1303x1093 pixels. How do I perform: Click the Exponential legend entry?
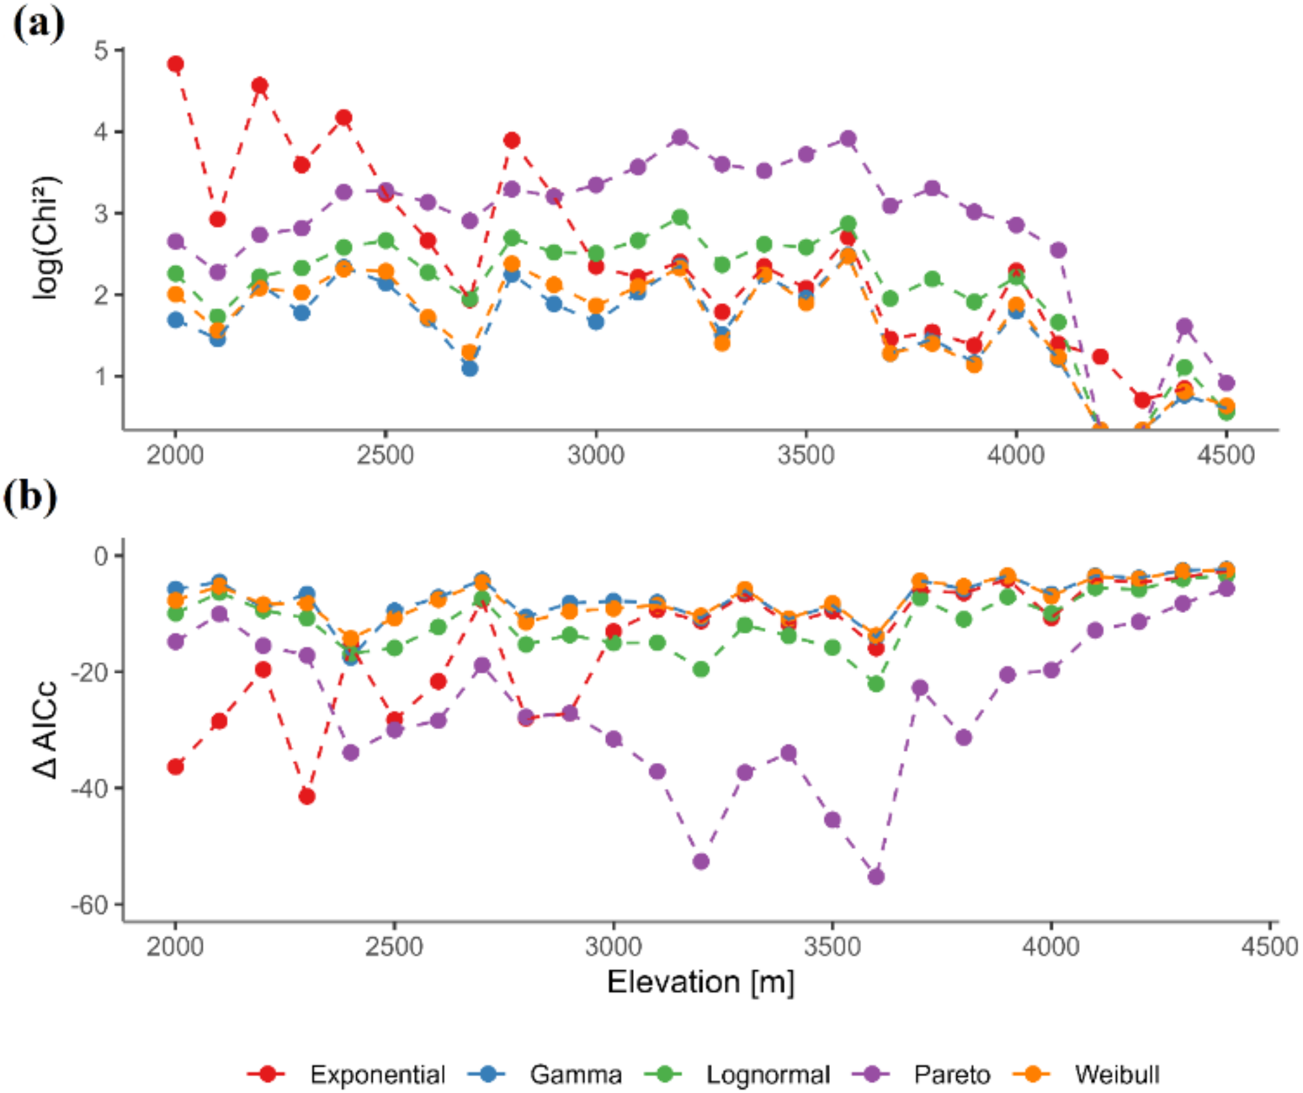[x=376, y=1075]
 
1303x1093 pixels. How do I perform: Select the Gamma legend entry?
[x=575, y=1075]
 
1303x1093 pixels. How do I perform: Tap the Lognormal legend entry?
[x=767, y=1075]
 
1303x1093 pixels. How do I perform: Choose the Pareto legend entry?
[x=951, y=1075]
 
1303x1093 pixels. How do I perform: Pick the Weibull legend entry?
[x=1116, y=1075]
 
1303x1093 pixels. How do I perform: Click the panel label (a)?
[x=38, y=25]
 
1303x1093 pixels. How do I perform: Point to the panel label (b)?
[x=30, y=498]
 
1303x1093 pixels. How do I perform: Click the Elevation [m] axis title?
[x=700, y=982]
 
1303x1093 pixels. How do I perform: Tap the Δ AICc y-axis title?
[x=45, y=730]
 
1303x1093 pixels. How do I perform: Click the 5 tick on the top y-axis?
[x=101, y=50]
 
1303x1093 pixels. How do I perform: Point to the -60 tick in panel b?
[x=91, y=904]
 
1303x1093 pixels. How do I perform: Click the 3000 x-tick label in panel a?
[x=595, y=455]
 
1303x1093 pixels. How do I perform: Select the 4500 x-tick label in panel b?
[x=1269, y=947]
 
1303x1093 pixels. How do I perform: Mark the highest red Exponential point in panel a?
[x=175, y=64]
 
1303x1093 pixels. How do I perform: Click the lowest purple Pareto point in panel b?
[x=876, y=877]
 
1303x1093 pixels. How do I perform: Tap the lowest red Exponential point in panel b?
[x=307, y=797]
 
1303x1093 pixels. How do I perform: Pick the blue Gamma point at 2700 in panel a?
[x=470, y=368]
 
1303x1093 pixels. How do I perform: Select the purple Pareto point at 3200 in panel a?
[x=680, y=138]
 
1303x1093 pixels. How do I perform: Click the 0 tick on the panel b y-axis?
[x=101, y=556]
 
